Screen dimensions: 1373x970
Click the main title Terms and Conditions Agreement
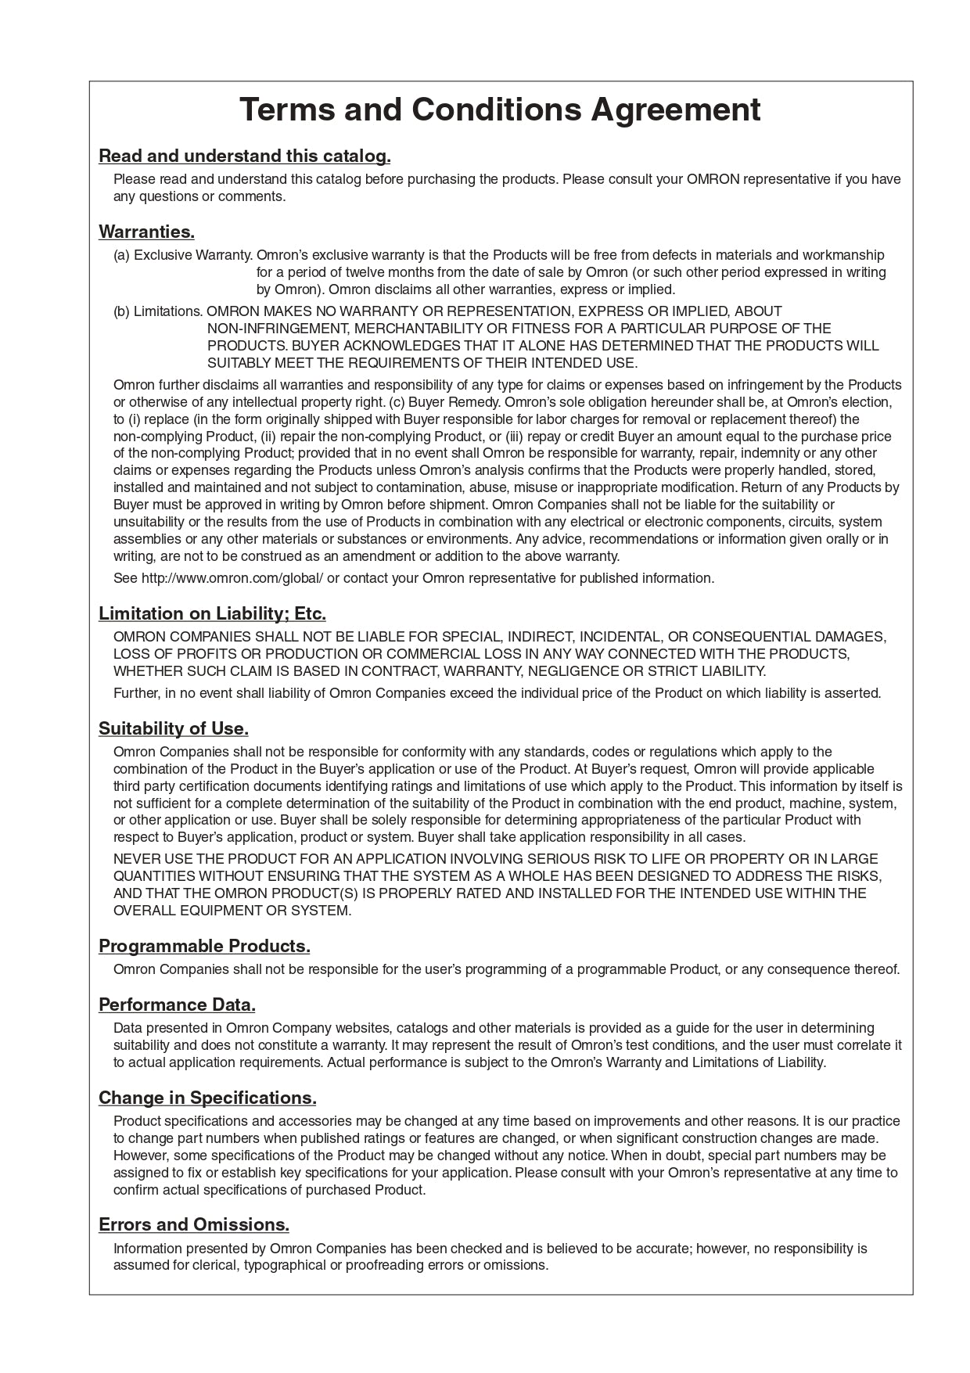point(499,110)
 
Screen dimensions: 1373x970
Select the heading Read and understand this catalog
point(244,156)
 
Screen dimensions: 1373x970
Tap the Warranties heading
point(146,232)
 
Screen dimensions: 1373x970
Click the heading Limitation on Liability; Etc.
point(212,613)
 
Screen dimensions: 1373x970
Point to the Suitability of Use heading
point(173,728)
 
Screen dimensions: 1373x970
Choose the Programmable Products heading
point(204,946)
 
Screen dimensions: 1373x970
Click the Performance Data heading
point(177,1005)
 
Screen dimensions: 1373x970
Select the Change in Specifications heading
point(207,1098)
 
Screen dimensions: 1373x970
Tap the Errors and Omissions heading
point(194,1224)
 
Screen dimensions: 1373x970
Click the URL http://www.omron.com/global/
point(232,578)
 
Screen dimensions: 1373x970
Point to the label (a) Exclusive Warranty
point(183,255)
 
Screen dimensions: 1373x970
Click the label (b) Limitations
point(158,311)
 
